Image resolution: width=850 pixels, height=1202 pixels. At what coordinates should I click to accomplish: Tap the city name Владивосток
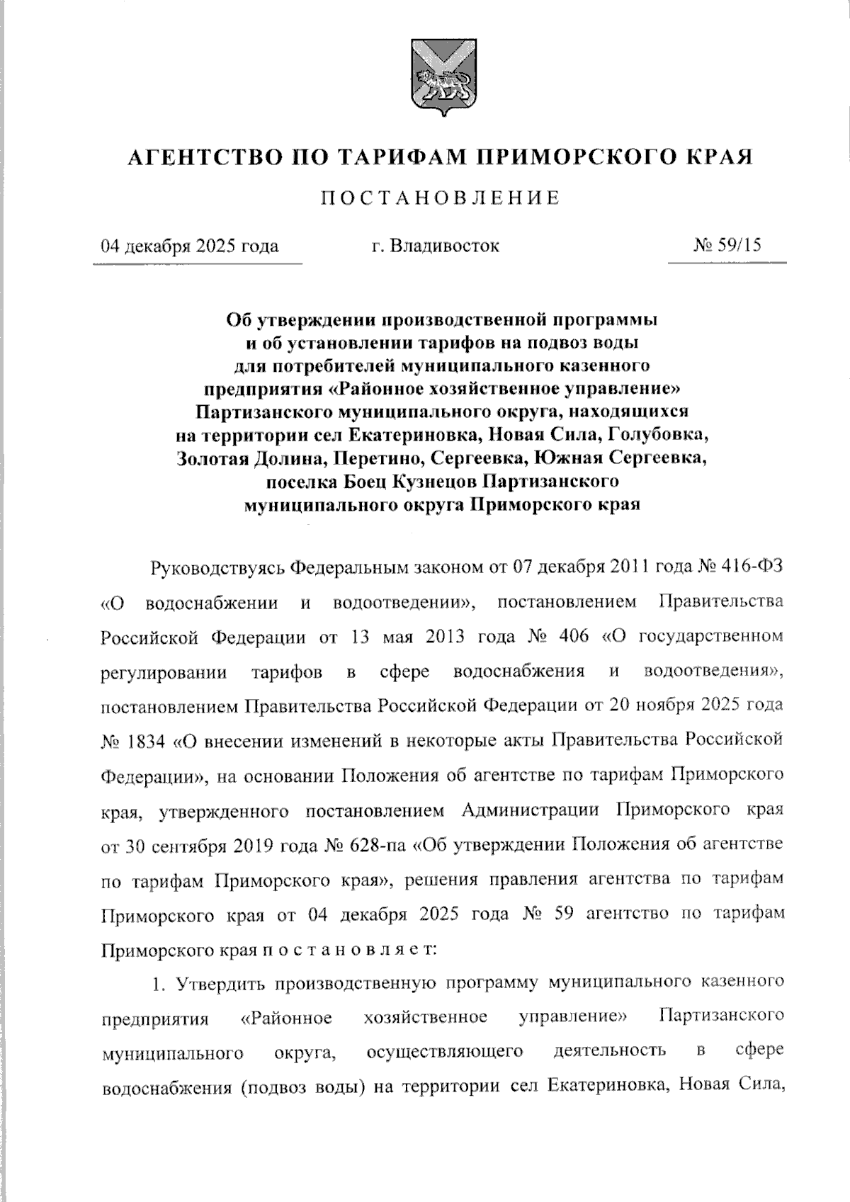(x=446, y=246)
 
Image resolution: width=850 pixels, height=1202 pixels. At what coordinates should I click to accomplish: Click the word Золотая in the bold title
(x=215, y=458)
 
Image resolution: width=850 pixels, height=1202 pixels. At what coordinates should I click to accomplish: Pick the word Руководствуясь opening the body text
(x=218, y=568)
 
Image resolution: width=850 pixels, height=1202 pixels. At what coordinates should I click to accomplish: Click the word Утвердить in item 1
(x=221, y=982)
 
